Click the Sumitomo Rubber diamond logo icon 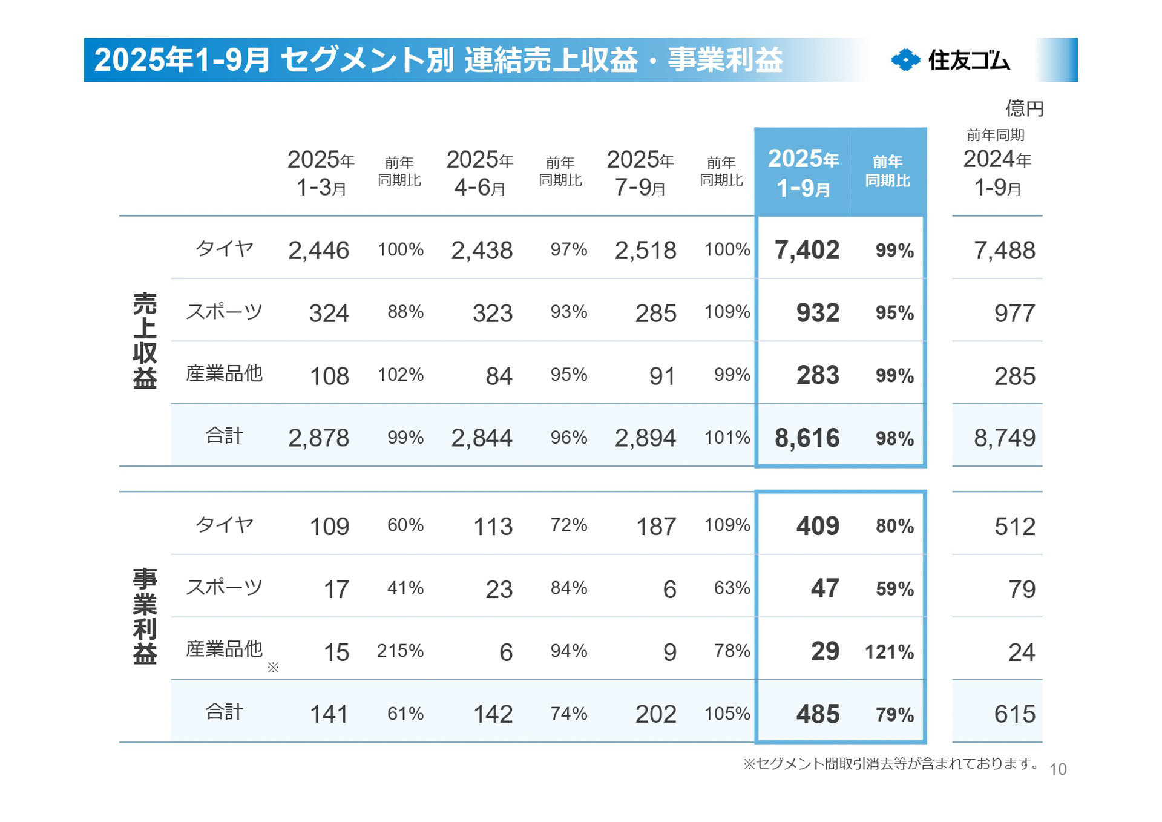[x=905, y=60]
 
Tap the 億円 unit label [x=1024, y=108]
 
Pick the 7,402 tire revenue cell [x=807, y=250]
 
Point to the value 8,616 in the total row [x=807, y=438]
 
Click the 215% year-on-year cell [x=400, y=651]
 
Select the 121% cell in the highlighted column [x=889, y=652]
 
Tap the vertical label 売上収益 [x=145, y=341]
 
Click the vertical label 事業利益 [x=145, y=616]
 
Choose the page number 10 [x=1057, y=769]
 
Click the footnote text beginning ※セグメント [x=890, y=764]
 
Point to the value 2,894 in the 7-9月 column [x=645, y=438]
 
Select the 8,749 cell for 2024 [x=1004, y=438]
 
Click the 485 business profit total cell [x=818, y=714]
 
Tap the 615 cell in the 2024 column [x=1014, y=714]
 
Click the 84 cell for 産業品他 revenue [x=499, y=376]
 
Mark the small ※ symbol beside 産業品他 [x=273, y=667]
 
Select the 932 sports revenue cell [x=818, y=313]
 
